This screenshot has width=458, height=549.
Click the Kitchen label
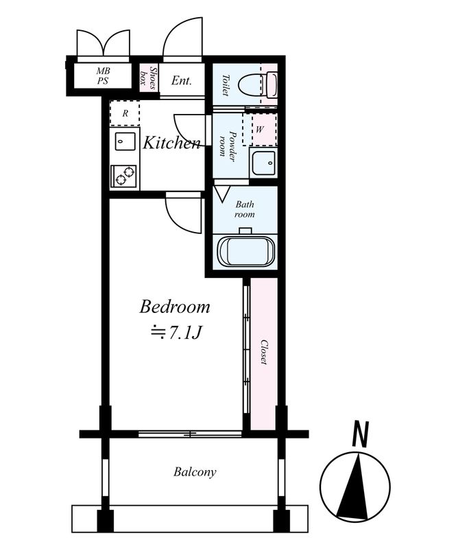pyautogui.click(x=172, y=143)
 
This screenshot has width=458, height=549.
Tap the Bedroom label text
pyautogui.click(x=175, y=307)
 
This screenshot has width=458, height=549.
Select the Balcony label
pyautogui.click(x=195, y=472)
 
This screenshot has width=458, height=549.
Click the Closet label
pyautogui.click(x=264, y=352)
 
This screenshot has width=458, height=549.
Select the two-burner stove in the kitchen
pyautogui.click(x=124, y=176)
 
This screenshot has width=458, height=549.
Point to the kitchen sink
pyautogui.click(x=125, y=141)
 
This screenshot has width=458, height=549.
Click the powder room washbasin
pyautogui.click(x=263, y=163)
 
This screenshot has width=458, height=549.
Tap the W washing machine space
pyautogui.click(x=260, y=130)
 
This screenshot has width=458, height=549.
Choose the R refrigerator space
pyautogui.click(x=125, y=113)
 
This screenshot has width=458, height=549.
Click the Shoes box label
pyautogui.click(x=148, y=78)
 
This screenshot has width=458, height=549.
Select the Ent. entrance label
pyautogui.click(x=182, y=81)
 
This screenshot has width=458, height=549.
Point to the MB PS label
pyautogui.click(x=103, y=76)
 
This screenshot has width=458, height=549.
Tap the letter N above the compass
pyautogui.click(x=361, y=434)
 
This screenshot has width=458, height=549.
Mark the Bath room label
pyautogui.click(x=245, y=209)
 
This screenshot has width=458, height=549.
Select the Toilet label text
pyautogui.click(x=225, y=85)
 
